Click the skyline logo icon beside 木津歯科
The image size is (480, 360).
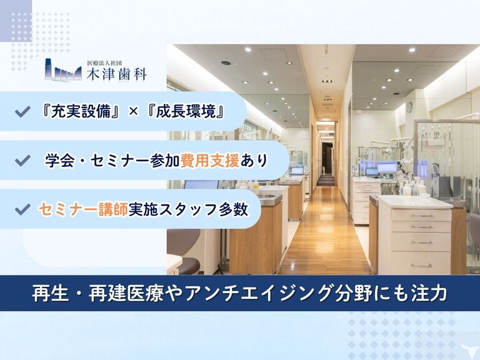[x=63, y=70]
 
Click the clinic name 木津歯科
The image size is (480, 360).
[x=117, y=75]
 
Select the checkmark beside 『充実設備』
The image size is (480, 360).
[x=22, y=112]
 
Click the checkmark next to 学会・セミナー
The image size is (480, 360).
[x=22, y=161]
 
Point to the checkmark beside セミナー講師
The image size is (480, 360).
[x=22, y=209]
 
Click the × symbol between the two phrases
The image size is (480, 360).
[x=133, y=112]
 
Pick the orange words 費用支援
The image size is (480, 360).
[x=210, y=161]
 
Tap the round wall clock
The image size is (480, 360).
[x=409, y=107]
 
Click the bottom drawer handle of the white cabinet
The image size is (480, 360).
[x=421, y=266]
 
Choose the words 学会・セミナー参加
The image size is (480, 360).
[x=112, y=161]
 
